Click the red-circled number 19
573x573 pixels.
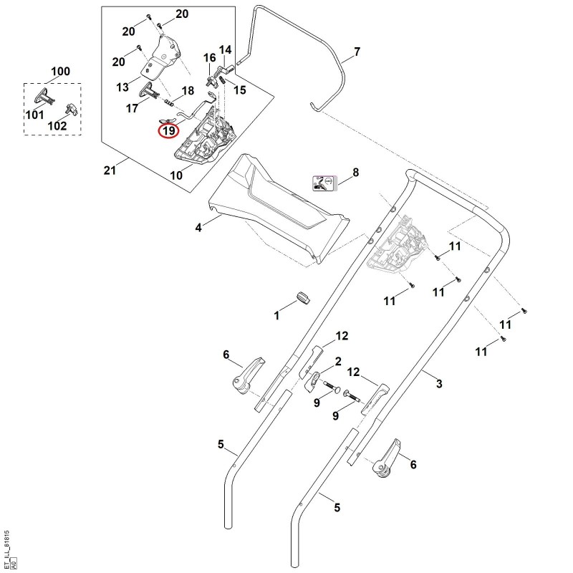169,130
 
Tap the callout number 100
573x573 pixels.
60,71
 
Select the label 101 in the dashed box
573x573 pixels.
34,115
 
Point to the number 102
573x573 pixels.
57,126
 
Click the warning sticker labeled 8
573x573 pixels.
324,183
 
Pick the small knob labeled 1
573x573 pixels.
302,297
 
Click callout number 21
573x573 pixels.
110,170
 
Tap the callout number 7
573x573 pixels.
357,52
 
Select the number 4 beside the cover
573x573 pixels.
198,228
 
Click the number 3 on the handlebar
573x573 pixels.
439,384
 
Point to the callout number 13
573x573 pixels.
122,87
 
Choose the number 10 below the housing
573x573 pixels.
176,175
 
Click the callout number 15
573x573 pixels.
240,90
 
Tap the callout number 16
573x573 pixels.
209,58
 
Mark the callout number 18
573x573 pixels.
188,91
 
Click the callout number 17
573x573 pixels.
132,108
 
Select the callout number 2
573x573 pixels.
338,362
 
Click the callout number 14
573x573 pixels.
225,49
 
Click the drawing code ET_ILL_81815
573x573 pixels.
7,544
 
